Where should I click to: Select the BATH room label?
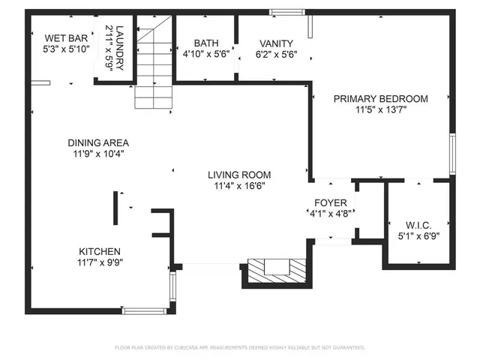point(205,43)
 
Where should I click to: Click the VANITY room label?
point(276,43)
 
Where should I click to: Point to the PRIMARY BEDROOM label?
point(380,98)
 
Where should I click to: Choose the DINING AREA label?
point(98,142)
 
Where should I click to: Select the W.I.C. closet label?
point(418,225)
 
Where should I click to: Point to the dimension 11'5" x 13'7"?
point(380,109)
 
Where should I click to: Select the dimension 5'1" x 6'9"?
point(418,236)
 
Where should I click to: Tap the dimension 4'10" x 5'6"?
point(205,55)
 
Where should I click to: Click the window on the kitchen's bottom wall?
point(145,310)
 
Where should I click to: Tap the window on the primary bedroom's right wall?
point(452,154)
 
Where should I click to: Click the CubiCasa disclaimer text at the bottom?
point(239,348)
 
